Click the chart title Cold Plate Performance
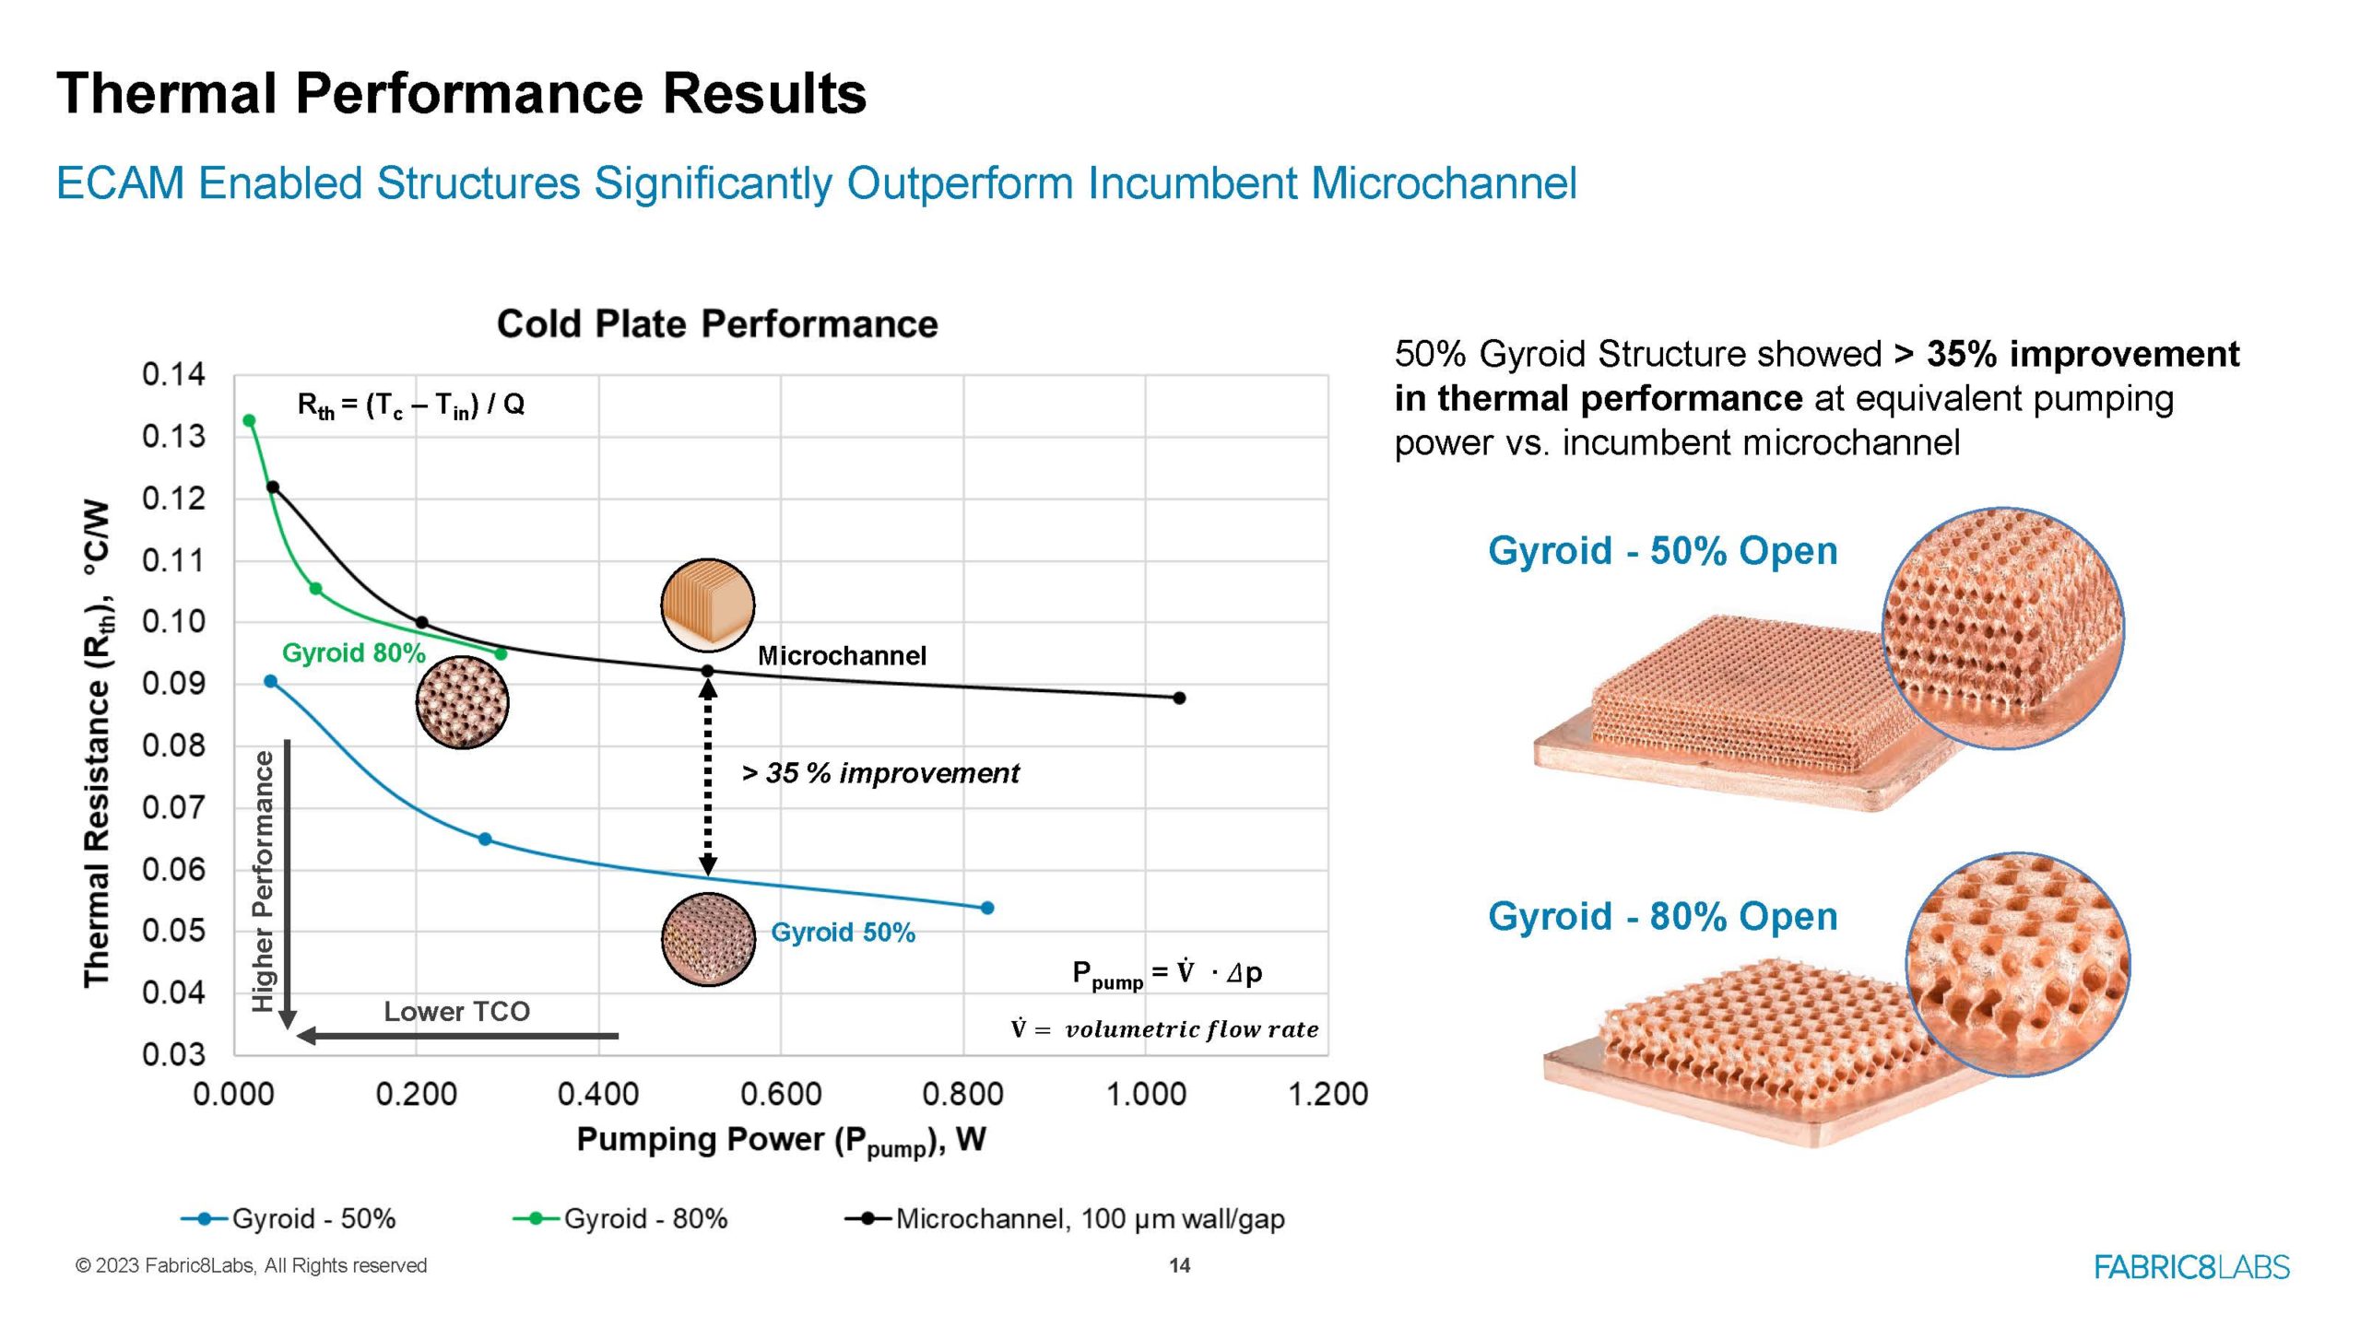(x=717, y=324)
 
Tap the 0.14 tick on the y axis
(x=173, y=374)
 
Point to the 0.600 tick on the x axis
(x=780, y=1094)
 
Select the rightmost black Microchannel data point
(x=1179, y=698)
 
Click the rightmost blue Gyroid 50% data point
(x=987, y=908)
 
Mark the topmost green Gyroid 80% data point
(x=249, y=420)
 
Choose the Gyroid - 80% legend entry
(x=620, y=1218)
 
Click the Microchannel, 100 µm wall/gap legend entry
(x=1065, y=1218)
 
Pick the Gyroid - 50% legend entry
(x=289, y=1218)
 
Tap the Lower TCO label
(x=456, y=1011)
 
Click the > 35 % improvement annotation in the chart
(x=880, y=772)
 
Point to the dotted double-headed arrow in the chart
(x=708, y=774)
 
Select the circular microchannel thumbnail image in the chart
(x=708, y=605)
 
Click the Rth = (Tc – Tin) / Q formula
(x=410, y=405)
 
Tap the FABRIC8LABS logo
(x=2191, y=1267)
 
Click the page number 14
(x=1179, y=1265)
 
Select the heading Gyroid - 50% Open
(x=1662, y=550)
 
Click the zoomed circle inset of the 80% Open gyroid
(x=2017, y=964)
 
